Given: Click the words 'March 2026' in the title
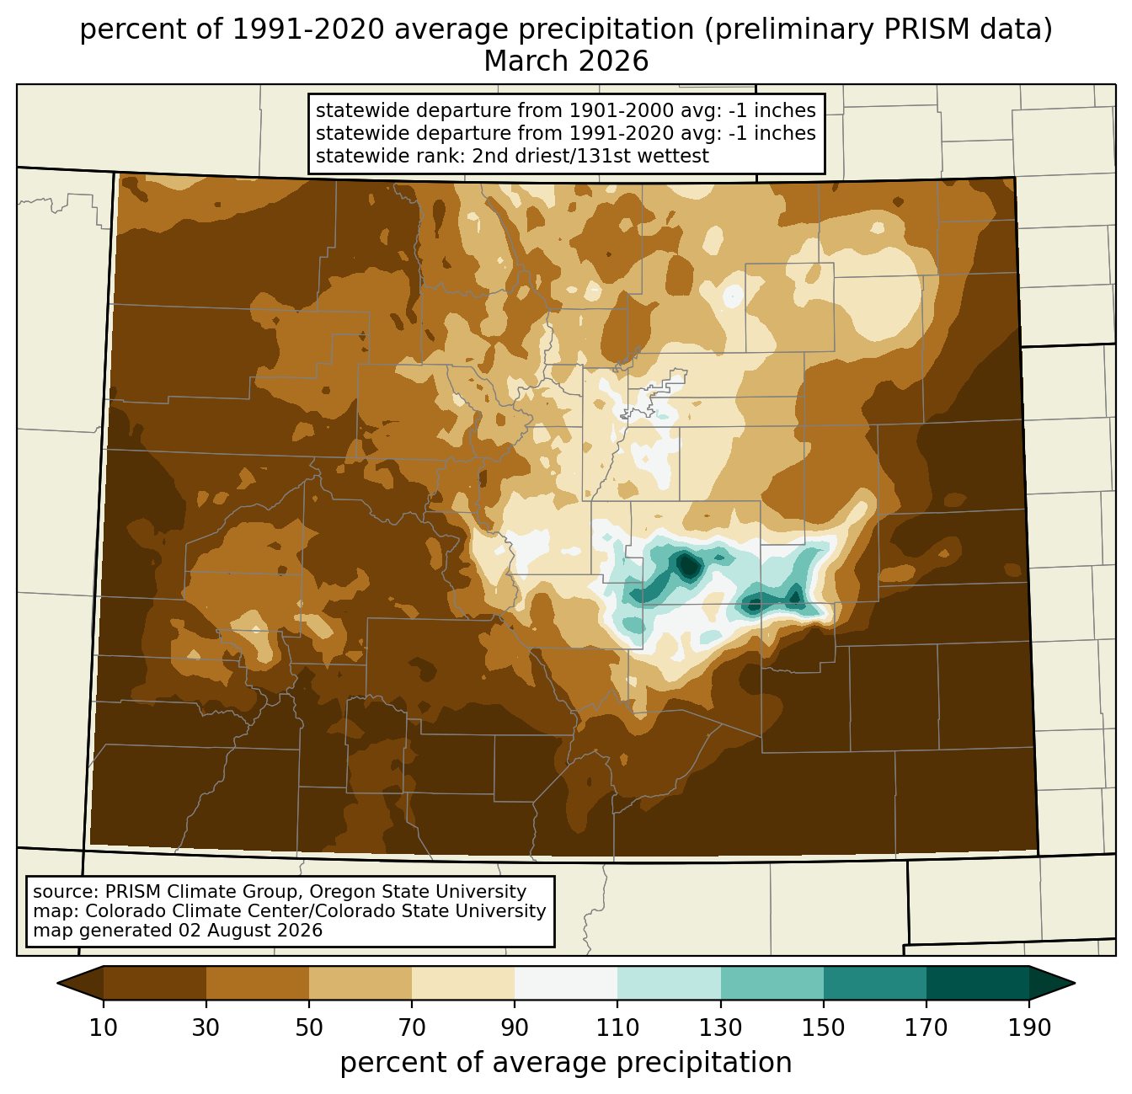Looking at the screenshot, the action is click(566, 61).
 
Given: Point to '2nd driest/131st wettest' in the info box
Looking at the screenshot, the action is click(590, 156).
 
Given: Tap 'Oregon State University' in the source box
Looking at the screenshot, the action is click(418, 892).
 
